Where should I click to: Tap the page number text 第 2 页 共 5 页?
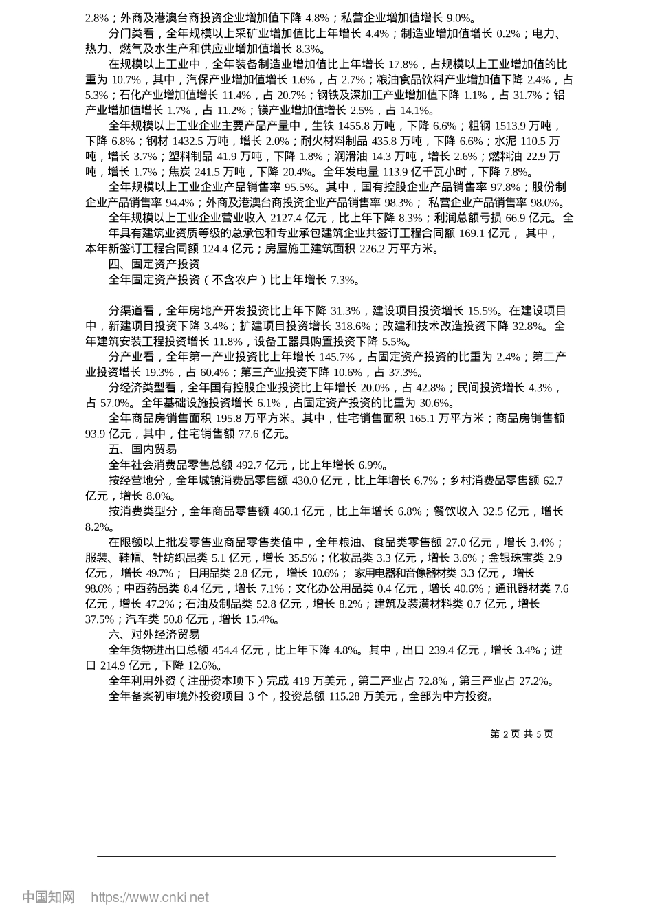point(521,734)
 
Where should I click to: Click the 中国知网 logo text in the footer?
point(48,897)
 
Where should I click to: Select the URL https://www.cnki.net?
point(150,897)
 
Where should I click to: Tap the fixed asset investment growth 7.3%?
point(344,280)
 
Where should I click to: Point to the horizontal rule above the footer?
point(326,857)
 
